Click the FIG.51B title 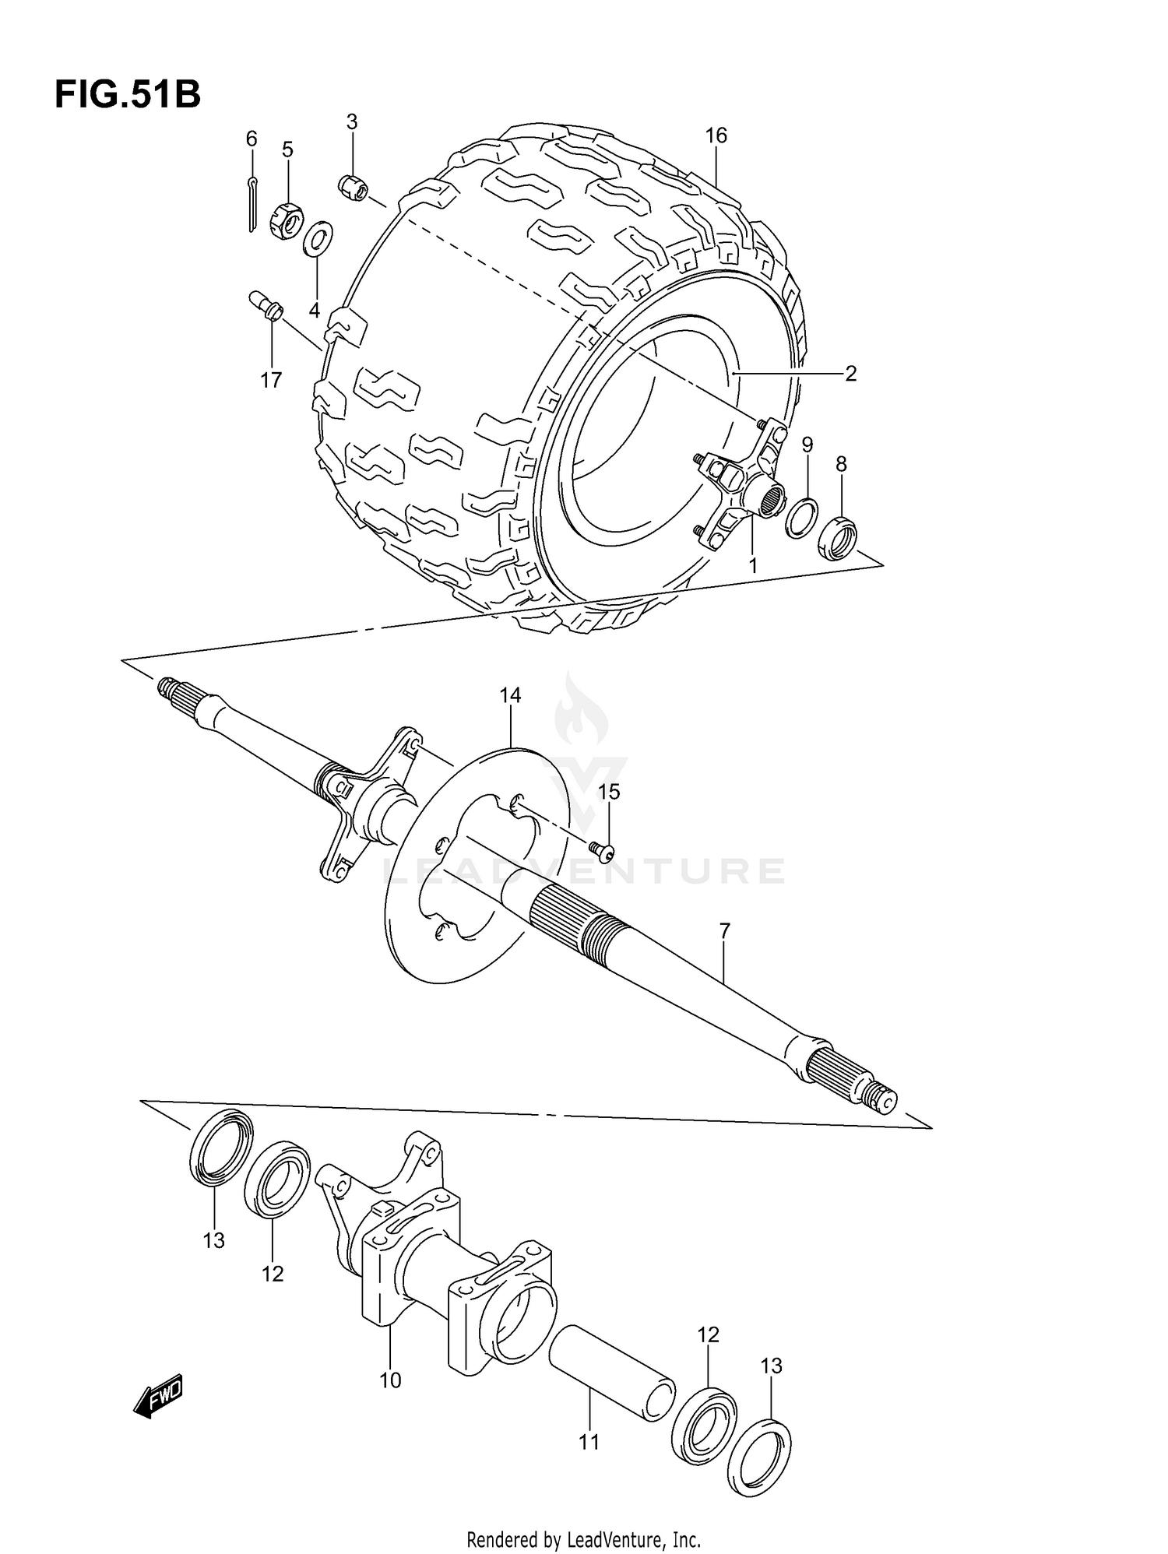click(127, 96)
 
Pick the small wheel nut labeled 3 click(354, 187)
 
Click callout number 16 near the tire click(716, 136)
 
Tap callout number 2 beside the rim click(850, 374)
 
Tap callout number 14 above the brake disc click(510, 695)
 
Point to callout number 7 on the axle click(724, 930)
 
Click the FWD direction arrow click(158, 1395)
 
